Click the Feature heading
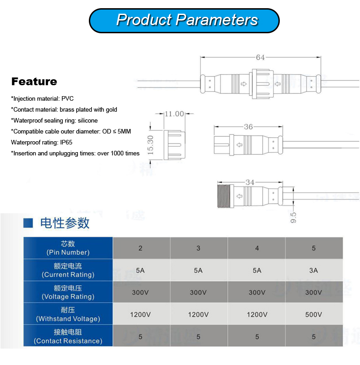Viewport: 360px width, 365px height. (34, 82)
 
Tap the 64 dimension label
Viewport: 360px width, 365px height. (260, 57)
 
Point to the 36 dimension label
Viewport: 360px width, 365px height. (248, 127)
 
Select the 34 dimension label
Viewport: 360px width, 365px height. (250, 182)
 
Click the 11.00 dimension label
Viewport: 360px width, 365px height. (174, 114)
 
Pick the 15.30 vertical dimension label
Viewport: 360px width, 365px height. (150, 144)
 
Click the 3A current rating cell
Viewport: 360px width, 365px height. (314, 270)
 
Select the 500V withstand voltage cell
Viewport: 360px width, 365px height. (314, 314)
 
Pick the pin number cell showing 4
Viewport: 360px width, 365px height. (257, 248)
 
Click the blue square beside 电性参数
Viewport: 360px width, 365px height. (29, 223)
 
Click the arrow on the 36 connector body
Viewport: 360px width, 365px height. (239, 145)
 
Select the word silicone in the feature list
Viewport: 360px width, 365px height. (87, 120)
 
